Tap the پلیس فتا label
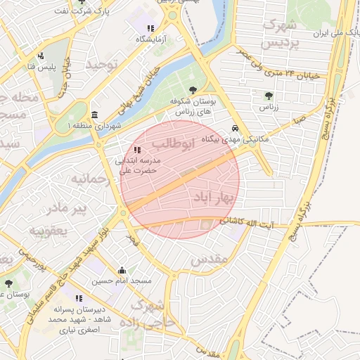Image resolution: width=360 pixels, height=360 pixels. pyautogui.click(x=41, y=65)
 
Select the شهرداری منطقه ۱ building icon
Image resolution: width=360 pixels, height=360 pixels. pyautogui.click(x=94, y=115)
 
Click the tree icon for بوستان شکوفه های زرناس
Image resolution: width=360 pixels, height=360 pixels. pyautogui.click(x=193, y=89)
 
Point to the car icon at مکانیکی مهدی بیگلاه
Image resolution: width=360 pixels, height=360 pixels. pyautogui.click(x=235, y=129)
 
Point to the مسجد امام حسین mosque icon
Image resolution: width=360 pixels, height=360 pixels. pyautogui.click(x=122, y=270)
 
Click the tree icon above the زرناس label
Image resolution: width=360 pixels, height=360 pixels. pyautogui.click(x=268, y=96)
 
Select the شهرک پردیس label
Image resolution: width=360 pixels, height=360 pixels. pyautogui.click(x=279, y=33)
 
